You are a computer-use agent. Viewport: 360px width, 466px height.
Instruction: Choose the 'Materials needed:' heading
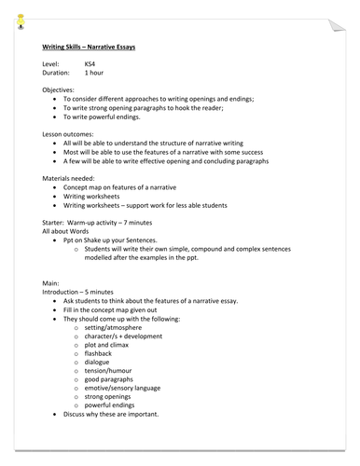click(x=71, y=178)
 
